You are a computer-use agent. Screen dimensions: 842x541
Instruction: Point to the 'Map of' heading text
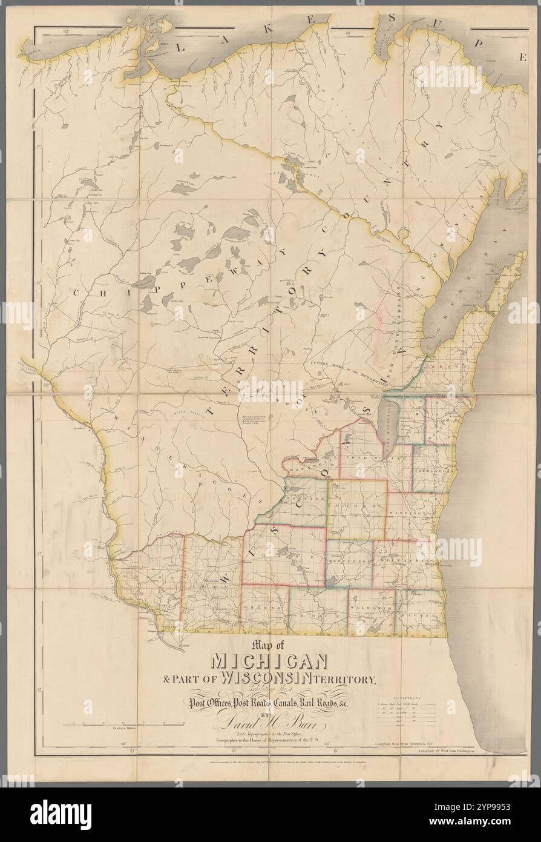pos(269,645)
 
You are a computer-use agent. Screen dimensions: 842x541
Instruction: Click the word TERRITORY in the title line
pos(353,679)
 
